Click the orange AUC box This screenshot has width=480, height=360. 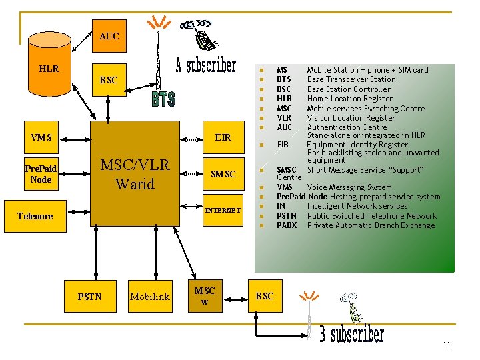tap(109, 36)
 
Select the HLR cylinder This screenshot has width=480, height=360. tap(49, 64)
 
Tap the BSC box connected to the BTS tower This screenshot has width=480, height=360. tap(109, 80)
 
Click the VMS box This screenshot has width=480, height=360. tap(41, 137)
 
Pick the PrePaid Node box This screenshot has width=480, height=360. tap(41, 174)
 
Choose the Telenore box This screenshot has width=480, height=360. tap(35, 216)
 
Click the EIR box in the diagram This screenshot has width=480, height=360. tap(223, 137)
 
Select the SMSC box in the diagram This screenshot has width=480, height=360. tap(223, 174)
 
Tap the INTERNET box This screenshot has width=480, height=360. tap(223, 210)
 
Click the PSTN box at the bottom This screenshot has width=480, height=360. tap(90, 296)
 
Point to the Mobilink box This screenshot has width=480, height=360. tap(150, 296)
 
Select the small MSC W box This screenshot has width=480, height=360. tap(205, 296)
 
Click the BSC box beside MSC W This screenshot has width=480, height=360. tap(265, 296)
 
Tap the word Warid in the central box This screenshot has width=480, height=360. tap(135, 184)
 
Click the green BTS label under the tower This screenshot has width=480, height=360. tap(163, 99)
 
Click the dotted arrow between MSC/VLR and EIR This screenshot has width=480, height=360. tap(191, 139)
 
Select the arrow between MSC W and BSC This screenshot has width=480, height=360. tap(235, 300)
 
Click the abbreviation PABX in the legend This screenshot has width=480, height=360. tap(287, 225)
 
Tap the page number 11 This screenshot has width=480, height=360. tap(447, 345)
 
